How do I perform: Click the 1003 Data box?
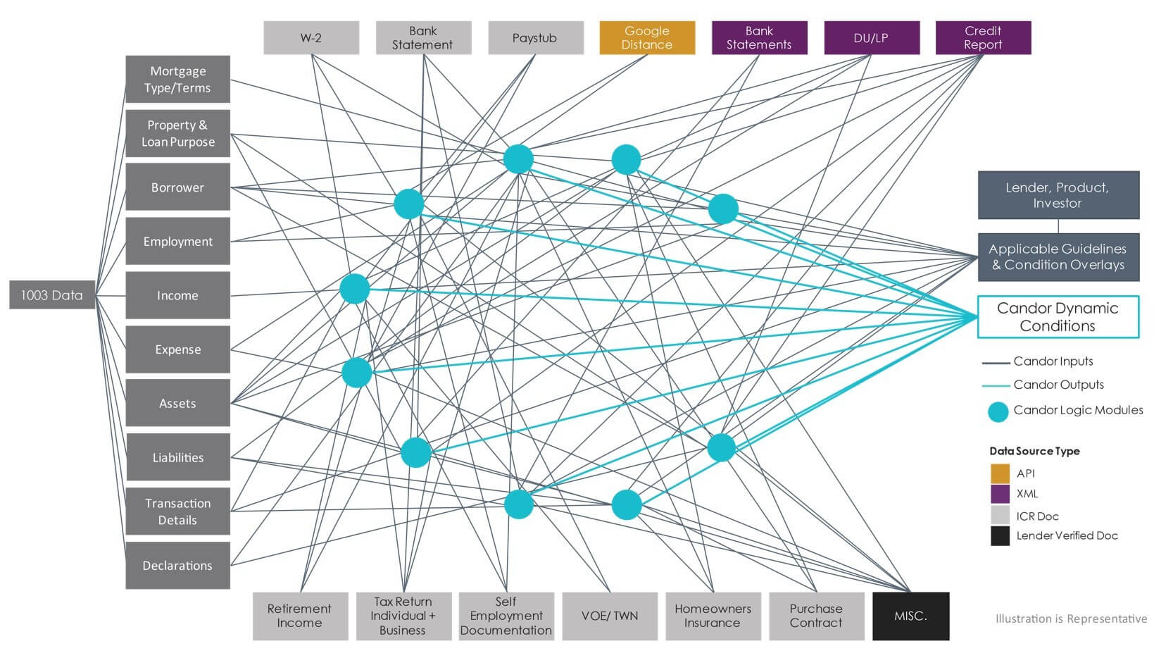52,295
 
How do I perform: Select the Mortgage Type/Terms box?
177,80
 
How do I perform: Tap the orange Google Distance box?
647,37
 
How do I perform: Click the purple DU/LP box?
872,37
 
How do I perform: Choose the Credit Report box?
984,37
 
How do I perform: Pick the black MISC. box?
911,616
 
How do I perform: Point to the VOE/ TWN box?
610,616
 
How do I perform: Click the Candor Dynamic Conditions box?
1058,317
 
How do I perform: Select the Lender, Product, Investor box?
1059,195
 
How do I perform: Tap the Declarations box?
177,565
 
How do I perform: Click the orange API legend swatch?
1000,473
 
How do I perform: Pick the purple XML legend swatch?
1000,494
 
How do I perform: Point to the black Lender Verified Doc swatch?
1000,536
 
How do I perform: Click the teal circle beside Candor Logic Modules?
998,412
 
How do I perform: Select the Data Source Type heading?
1034,451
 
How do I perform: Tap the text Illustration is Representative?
1071,619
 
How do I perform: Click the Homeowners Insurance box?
713,616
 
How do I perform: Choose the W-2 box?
311,37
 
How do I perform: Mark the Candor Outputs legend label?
1059,385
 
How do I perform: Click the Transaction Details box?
177,511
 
